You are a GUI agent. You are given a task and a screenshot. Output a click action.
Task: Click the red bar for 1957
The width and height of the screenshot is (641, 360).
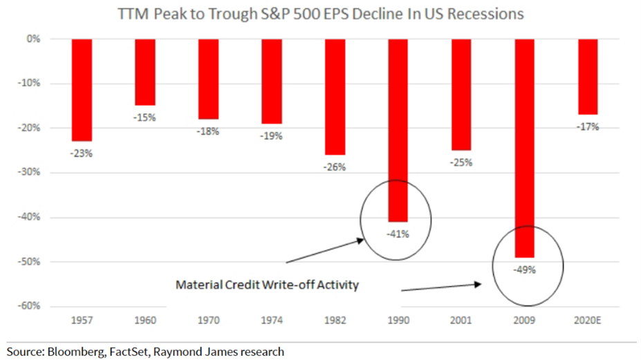[82, 90]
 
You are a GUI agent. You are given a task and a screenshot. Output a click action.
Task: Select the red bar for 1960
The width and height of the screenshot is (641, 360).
[145, 72]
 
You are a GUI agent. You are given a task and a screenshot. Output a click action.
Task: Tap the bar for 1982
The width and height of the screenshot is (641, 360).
[335, 97]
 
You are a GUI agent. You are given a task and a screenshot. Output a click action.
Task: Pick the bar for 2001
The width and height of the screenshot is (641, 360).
[461, 95]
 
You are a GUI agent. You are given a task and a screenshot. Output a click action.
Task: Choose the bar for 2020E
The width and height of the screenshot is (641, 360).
[588, 77]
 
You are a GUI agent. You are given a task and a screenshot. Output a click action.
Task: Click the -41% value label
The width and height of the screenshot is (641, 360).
[398, 234]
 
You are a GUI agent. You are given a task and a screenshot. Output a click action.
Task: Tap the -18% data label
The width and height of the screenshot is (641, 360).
[208, 131]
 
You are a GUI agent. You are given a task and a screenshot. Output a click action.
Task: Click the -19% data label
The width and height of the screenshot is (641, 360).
[271, 135]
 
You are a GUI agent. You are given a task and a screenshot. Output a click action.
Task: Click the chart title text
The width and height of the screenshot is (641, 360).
[320, 13]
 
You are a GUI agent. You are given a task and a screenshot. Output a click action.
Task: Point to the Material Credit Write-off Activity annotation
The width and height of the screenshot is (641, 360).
[267, 285]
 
